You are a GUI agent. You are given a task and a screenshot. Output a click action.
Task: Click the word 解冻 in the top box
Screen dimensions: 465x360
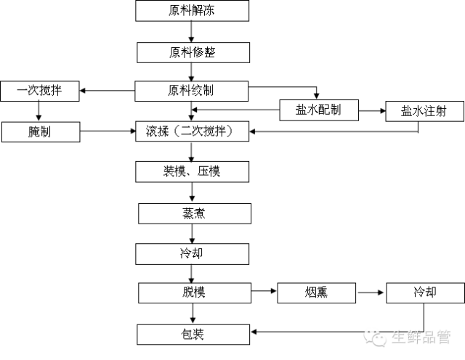tap(204, 11)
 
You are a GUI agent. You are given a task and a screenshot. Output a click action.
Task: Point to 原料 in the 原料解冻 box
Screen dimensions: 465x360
tap(180, 11)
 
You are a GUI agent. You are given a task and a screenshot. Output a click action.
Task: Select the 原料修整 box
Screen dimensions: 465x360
tap(193, 52)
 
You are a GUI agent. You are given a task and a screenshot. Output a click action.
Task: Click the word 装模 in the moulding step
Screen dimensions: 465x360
tap(174, 172)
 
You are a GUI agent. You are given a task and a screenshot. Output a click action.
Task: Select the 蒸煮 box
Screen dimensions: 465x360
tap(194, 213)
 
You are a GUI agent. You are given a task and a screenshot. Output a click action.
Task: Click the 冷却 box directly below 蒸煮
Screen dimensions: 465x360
tap(193, 254)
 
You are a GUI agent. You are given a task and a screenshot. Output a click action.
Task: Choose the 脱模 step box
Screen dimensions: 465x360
tap(194, 293)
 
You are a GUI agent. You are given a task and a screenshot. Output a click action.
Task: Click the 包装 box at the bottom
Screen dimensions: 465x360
tap(193, 335)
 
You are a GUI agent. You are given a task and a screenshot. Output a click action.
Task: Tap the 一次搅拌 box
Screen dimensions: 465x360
tap(39, 91)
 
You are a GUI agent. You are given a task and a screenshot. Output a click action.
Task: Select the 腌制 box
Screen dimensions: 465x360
tap(40, 132)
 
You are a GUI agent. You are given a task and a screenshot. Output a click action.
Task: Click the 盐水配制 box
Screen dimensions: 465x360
tap(318, 110)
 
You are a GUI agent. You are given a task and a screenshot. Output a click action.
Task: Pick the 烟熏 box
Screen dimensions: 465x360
tap(316, 293)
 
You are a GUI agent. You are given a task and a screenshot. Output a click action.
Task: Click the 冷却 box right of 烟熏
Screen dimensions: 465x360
tap(425, 293)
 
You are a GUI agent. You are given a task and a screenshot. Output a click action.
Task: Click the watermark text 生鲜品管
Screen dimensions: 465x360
tap(421, 336)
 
